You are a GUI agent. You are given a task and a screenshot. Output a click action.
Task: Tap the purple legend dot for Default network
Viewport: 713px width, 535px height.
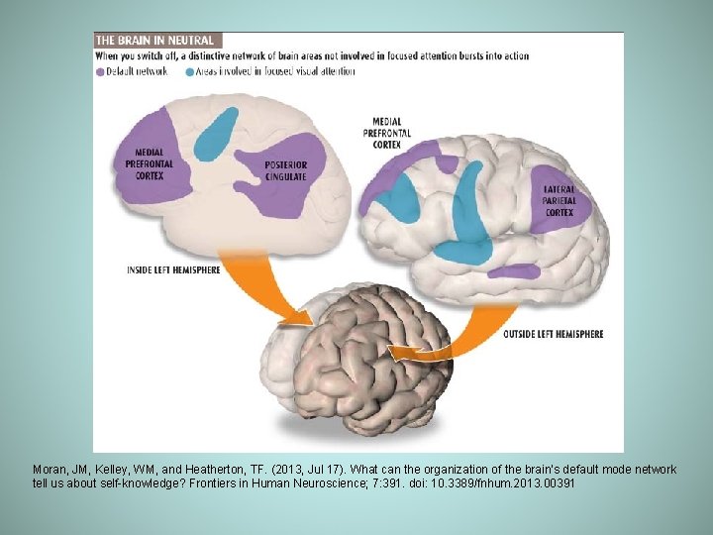tap(100, 70)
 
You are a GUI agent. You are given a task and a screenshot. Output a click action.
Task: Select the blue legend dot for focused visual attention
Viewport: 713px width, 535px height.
tap(190, 70)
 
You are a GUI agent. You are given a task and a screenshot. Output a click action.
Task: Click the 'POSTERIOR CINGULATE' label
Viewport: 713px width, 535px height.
tap(285, 170)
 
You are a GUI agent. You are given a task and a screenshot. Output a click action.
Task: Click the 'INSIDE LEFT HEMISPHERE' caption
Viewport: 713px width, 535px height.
tap(174, 269)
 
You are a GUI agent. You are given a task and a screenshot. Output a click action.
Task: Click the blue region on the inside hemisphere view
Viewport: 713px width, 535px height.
tap(215, 132)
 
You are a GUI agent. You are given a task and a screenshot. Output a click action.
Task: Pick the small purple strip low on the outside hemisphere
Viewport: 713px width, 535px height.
tap(516, 270)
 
